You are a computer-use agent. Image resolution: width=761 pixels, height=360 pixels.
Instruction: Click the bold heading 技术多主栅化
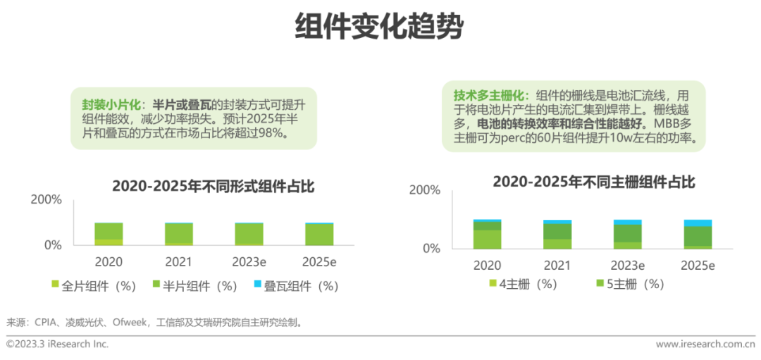click(x=486, y=95)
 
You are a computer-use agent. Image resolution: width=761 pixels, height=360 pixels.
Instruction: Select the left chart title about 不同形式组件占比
click(x=214, y=187)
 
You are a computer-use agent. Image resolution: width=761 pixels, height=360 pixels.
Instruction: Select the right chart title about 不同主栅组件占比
click(x=594, y=182)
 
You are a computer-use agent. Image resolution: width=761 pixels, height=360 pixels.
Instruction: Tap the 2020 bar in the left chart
click(x=109, y=234)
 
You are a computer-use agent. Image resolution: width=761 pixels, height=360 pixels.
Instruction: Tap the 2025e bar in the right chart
click(x=698, y=235)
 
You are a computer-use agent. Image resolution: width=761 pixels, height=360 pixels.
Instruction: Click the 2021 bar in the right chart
click(x=557, y=235)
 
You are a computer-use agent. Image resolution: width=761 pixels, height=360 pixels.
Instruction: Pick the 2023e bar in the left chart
click(x=249, y=234)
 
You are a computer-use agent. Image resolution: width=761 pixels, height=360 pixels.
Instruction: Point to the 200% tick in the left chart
click(x=47, y=199)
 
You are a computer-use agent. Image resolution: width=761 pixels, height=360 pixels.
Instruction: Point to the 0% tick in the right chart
click(x=431, y=249)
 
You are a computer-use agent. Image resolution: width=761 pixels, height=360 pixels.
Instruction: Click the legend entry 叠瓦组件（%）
click(x=296, y=286)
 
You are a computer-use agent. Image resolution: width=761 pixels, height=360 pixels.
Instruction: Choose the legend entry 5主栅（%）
click(x=631, y=284)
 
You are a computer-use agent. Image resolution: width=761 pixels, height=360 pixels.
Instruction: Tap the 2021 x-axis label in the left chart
click(x=178, y=262)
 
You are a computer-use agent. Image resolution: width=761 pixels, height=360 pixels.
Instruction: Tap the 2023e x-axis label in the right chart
click(x=627, y=266)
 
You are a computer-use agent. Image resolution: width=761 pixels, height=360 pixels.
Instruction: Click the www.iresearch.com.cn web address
click(x=705, y=345)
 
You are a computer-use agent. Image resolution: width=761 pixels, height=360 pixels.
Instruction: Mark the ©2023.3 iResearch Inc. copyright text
click(x=57, y=345)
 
